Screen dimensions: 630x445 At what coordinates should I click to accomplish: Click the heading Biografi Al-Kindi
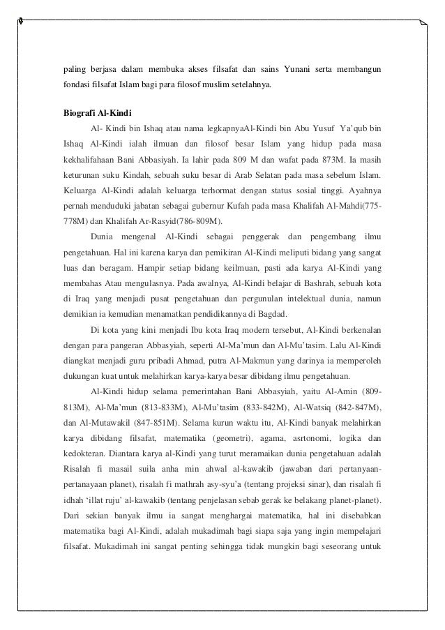point(93,113)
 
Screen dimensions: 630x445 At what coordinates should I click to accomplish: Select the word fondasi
point(73,90)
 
